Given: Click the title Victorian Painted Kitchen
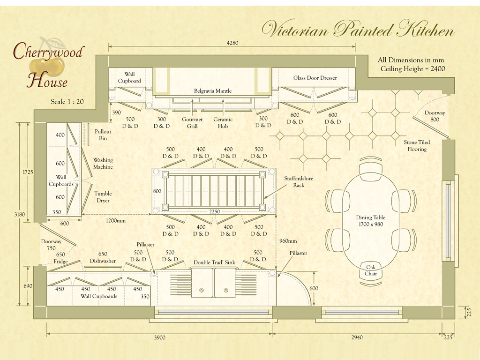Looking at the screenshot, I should pos(358,30).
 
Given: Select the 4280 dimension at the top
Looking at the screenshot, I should pos(232,43).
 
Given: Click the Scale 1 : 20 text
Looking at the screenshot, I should pos(67,102).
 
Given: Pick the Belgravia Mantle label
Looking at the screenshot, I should pos(213,91).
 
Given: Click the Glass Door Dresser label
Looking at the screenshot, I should pos(315,78).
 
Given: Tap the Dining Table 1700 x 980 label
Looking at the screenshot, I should pos(371,221).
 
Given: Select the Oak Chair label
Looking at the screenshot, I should pos(371,270).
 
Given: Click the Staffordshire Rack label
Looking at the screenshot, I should pos(299,182).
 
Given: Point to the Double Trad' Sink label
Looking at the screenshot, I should pos(215,262).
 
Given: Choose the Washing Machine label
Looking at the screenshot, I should pos(103,163).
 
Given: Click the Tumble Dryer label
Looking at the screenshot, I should pos(103,197).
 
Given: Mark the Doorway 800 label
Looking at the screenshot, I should pos(435,116).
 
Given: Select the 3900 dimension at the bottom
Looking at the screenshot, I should pos(160,337).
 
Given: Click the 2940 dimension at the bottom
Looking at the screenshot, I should pos(357,337).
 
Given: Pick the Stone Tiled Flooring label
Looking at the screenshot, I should pos(417,145).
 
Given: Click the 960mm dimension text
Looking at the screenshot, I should pos(288,241).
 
